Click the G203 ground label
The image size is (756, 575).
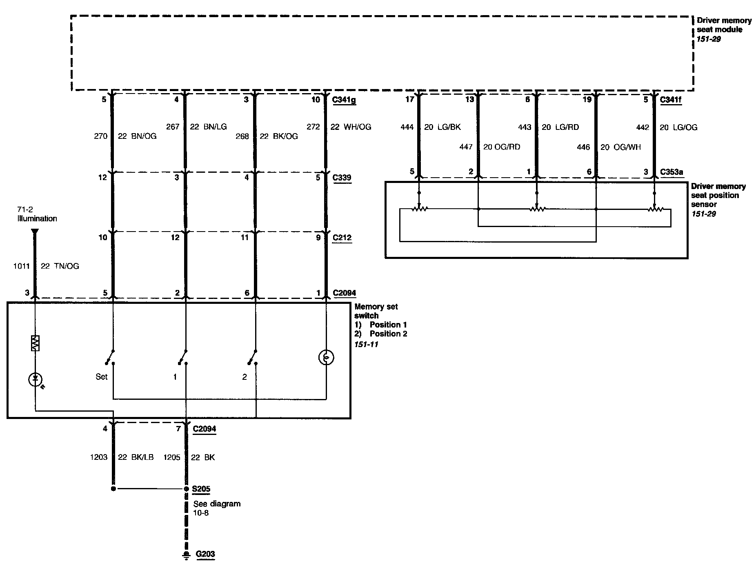tap(205, 554)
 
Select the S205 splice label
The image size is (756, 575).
tap(201, 489)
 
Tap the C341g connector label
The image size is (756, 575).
tap(344, 100)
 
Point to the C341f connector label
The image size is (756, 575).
tap(671, 100)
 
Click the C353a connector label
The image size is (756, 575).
tap(672, 172)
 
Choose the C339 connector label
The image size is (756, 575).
tap(342, 178)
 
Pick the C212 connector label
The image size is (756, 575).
tap(342, 238)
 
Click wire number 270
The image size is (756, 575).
tap(100, 136)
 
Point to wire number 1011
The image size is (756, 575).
tap(21, 266)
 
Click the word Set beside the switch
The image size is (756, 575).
tap(101, 377)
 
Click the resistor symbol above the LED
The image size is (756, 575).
tap(35, 343)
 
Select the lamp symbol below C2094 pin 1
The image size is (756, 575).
tap(326, 358)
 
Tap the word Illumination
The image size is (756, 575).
tap(37, 218)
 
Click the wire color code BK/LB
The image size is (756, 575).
tap(141, 457)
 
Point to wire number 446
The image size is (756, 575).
tap(583, 147)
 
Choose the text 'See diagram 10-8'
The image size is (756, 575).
tap(216, 508)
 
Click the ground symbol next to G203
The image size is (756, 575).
tap(186, 555)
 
